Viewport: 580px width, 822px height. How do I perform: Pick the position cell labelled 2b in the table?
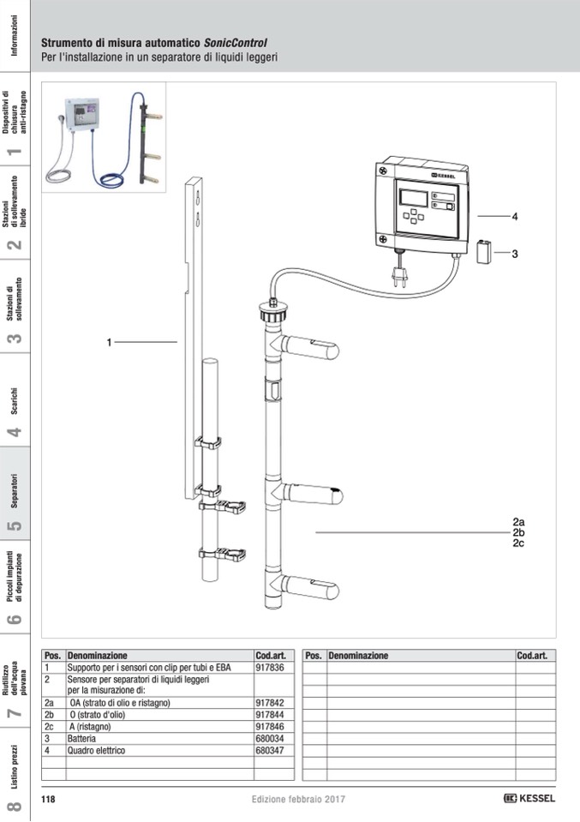tap(50, 714)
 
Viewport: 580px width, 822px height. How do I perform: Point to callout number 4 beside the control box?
tap(515, 217)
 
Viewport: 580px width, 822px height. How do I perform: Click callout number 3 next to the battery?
tap(515, 254)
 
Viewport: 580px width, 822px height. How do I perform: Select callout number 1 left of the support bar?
tap(110, 343)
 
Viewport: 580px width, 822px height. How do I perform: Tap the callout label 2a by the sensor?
tap(518, 521)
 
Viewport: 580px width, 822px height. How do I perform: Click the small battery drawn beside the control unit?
tap(484, 254)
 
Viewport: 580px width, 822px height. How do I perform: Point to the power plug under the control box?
tap(398, 275)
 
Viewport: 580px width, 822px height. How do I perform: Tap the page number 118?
tap(49, 799)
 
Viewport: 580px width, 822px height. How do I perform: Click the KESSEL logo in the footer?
tap(529, 798)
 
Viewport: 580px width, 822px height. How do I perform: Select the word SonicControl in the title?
tap(235, 43)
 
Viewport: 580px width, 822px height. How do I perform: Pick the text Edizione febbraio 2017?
tap(298, 799)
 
